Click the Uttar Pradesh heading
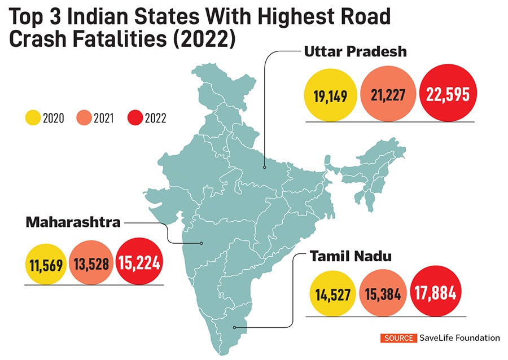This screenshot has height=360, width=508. tap(355, 51)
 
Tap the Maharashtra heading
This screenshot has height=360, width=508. tap(73, 222)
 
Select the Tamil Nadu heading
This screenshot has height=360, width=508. tap(351, 257)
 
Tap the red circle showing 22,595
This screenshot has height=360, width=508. tap(448, 94)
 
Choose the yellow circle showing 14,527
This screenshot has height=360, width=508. tap(332, 294)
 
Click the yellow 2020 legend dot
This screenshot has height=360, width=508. tap(32, 118)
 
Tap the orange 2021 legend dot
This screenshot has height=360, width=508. tap(82, 118)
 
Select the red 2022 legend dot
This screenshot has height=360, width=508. tap(134, 118)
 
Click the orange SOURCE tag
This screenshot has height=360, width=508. tap(399, 338)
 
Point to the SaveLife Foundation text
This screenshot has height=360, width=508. tap(459, 338)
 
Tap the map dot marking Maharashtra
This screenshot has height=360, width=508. tap(202, 243)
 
